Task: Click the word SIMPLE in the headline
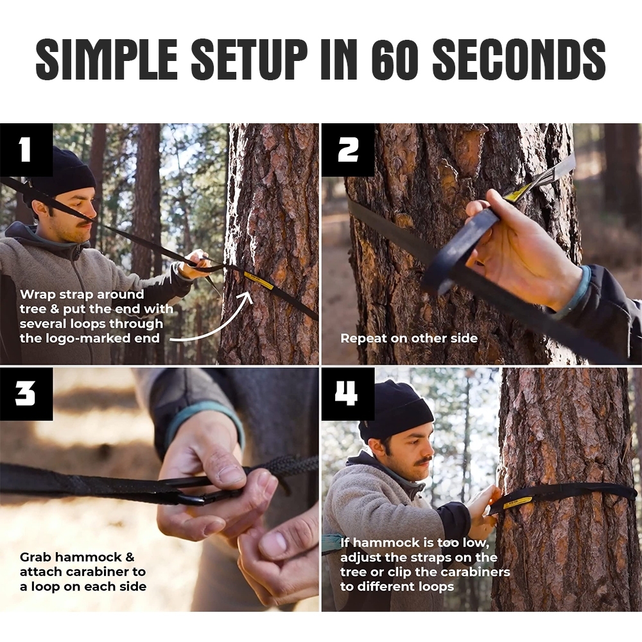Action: coord(107,59)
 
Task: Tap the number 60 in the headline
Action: coord(395,59)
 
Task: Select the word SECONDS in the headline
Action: coord(519,59)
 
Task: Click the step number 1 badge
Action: coord(26,150)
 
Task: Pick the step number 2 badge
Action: coord(348,150)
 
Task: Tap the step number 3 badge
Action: coord(26,394)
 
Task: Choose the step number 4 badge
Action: coord(348,394)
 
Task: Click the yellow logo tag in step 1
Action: coord(258,280)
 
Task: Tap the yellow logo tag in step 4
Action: coord(517,502)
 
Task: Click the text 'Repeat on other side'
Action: coord(409,338)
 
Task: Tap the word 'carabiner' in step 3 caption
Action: coord(97,571)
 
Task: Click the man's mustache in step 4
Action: coord(424,460)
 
